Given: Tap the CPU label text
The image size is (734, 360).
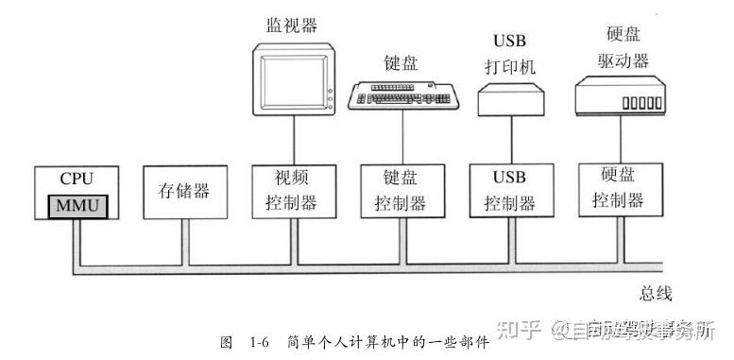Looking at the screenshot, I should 77,178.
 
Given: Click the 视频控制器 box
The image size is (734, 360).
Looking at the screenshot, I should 292,191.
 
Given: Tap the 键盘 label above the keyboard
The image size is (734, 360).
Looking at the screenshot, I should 401,63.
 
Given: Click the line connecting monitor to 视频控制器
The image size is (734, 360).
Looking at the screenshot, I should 292,143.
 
